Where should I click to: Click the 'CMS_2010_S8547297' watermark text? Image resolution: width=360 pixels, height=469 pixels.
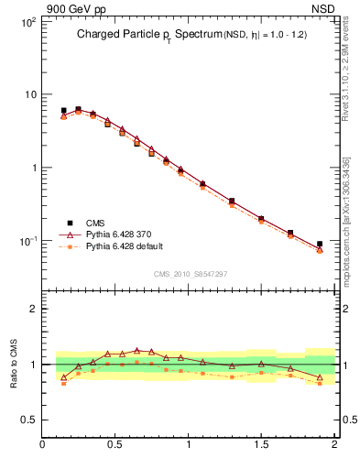[x=190, y=274]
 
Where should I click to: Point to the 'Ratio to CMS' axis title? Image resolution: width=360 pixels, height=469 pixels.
[x=14, y=363]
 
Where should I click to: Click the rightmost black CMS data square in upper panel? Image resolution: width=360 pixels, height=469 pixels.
[x=320, y=245]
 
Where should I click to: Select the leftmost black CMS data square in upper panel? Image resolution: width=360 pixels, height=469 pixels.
[x=63, y=111]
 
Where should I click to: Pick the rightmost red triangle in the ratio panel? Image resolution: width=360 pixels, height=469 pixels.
[x=320, y=377]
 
